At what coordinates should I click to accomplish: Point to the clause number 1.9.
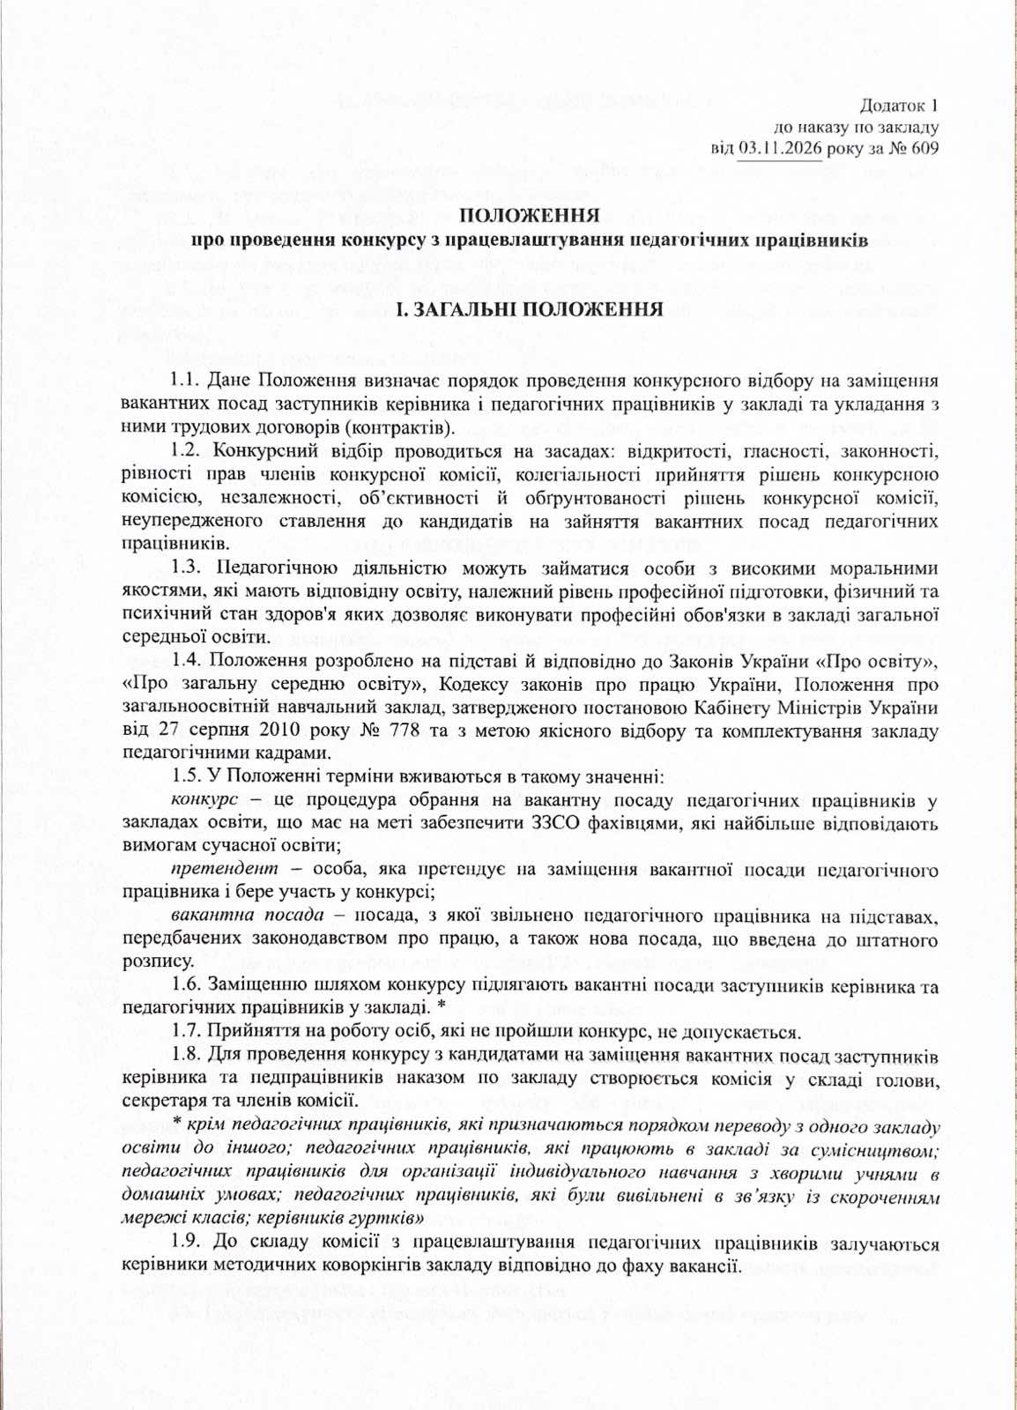pos(185,1243)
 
